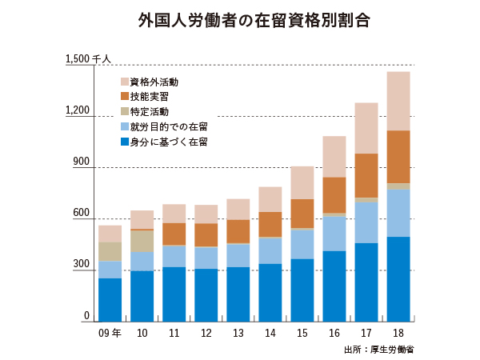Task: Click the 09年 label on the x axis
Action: pos(110,333)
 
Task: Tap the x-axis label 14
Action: pos(270,333)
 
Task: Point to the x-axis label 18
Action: pos(398,333)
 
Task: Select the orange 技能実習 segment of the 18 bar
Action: pos(398,157)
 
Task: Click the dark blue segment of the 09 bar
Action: pos(110,300)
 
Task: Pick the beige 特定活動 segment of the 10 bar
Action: pos(142,241)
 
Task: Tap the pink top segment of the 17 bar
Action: pos(366,128)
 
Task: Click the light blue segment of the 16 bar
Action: pos(334,234)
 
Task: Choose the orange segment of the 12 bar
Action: pos(206,234)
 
